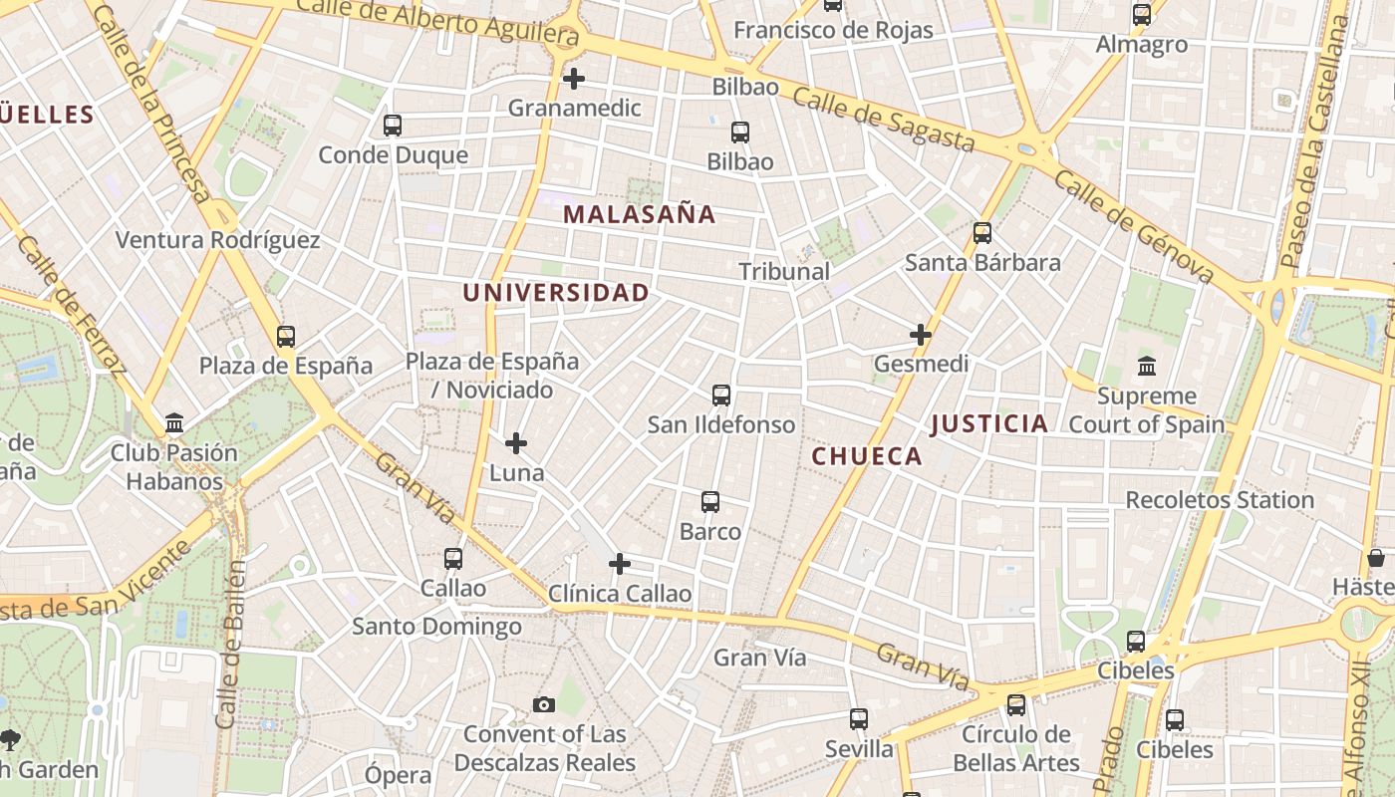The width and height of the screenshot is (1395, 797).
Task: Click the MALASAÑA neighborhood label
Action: pyautogui.click(x=639, y=214)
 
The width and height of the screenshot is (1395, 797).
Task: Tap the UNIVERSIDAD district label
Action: pyautogui.click(x=555, y=293)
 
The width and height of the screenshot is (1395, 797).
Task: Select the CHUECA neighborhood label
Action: pyautogui.click(x=867, y=456)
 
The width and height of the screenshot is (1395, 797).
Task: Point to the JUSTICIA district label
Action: pyautogui.click(x=988, y=423)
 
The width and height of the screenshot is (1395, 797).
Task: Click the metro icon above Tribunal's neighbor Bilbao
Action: pyautogui.click(x=739, y=133)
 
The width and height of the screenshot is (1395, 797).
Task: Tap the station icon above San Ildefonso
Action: pyautogui.click(x=721, y=396)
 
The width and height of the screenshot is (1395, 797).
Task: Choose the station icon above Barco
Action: pyautogui.click(x=709, y=502)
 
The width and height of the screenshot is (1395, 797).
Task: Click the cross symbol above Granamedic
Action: pyautogui.click(x=573, y=79)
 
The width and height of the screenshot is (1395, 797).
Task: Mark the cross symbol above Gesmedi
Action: pyautogui.click(x=921, y=335)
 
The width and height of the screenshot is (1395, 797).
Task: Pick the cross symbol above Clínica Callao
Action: pyautogui.click(x=619, y=565)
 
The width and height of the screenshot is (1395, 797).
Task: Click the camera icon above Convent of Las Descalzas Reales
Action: pyautogui.click(x=543, y=705)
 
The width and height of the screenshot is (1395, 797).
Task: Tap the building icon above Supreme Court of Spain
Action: pyautogui.click(x=1146, y=367)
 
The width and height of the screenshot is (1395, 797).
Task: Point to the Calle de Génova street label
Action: pyautogui.click(x=1133, y=226)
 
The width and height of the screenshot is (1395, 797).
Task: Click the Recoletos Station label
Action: pyautogui.click(x=1220, y=500)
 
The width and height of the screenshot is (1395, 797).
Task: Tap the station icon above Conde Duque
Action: pyautogui.click(x=393, y=126)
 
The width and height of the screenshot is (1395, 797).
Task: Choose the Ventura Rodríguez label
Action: pyautogui.click(x=217, y=240)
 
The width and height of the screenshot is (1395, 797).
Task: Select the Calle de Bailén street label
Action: pyautogui.click(x=231, y=643)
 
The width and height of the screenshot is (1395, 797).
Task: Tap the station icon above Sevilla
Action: pyautogui.click(x=858, y=719)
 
